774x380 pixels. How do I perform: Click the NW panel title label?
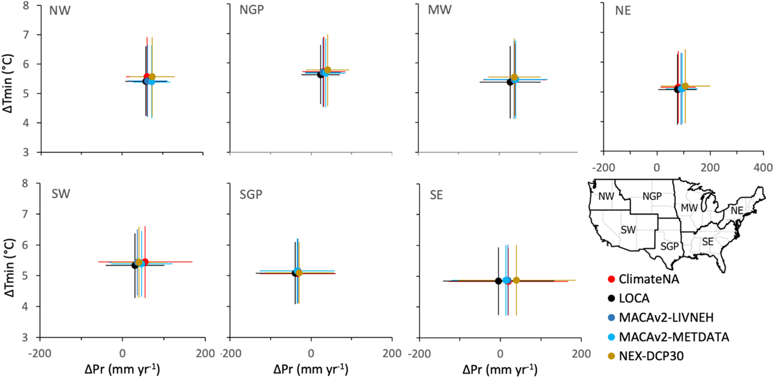(60, 10)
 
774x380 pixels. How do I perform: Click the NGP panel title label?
(252, 10)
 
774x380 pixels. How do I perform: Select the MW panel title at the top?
(440, 10)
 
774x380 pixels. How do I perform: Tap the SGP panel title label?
(251, 194)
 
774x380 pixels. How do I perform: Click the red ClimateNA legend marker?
(611, 279)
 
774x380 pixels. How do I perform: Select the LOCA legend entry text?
(634, 298)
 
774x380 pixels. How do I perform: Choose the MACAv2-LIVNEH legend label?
(666, 317)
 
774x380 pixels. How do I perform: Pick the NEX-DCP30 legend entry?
(651, 356)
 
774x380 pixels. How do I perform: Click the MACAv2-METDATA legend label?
(674, 337)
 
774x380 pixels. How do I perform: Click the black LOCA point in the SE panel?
(498, 281)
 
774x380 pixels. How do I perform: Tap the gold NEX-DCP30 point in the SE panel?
(516, 280)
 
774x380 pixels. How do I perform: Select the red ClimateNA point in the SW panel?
(145, 262)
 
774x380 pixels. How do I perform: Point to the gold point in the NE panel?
(685, 86)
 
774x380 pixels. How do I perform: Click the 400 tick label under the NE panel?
(763, 168)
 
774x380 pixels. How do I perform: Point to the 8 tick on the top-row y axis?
(26, 5)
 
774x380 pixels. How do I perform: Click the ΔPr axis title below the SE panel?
(499, 370)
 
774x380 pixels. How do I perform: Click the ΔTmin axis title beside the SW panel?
(10, 268)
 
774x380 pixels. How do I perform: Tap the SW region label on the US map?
(628, 230)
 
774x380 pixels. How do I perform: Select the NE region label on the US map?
(737, 210)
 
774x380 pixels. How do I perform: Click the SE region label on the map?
(708, 242)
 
